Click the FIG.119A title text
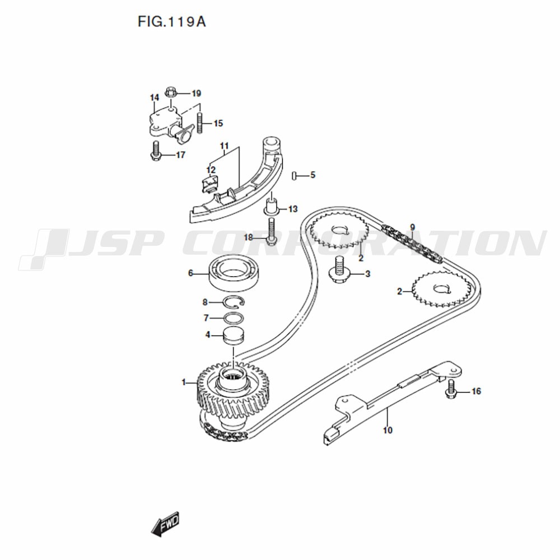tap(172, 22)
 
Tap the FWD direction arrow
tap(165, 525)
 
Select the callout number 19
tap(197, 94)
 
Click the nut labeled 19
tap(171, 92)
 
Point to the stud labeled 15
tap(200, 123)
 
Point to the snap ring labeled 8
tap(233, 302)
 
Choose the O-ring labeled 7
tap(234, 318)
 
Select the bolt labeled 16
tap(451, 389)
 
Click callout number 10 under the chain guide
tap(388, 430)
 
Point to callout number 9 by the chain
tap(413, 227)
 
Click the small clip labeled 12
tap(209, 185)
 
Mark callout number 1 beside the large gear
tap(184, 382)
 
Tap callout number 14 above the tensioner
tap(155, 97)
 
